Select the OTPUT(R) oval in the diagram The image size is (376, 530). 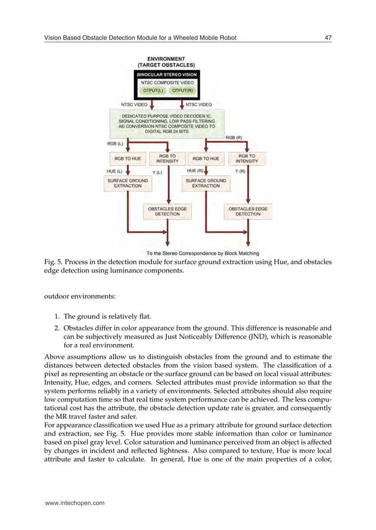click(x=183, y=91)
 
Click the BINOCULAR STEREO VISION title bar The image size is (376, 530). click(x=167, y=75)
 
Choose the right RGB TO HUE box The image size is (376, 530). click(x=206, y=158)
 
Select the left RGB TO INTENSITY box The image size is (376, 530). click(x=167, y=158)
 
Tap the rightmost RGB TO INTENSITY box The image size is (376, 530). click(x=246, y=158)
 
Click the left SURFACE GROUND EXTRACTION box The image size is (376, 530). click(x=128, y=183)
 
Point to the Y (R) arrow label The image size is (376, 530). click(x=240, y=171)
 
